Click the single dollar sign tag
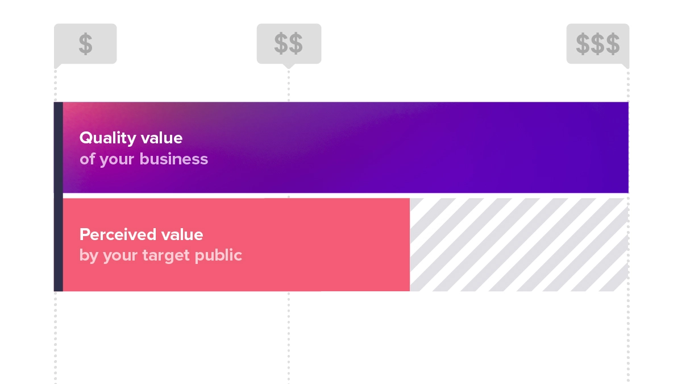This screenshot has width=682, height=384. (x=85, y=44)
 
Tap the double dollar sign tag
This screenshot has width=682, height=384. (x=289, y=44)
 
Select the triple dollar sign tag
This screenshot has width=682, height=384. (x=598, y=44)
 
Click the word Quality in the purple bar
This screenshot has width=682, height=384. (x=108, y=138)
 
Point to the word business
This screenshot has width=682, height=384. (x=174, y=159)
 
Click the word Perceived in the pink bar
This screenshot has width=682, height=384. (x=118, y=234)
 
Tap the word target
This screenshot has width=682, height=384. (x=166, y=255)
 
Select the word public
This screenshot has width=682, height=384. (x=218, y=255)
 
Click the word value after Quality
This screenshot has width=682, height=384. (x=161, y=138)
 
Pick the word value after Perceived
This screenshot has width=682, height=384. (x=182, y=234)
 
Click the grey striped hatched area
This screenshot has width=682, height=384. (x=519, y=245)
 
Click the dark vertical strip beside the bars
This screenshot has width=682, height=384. (x=59, y=197)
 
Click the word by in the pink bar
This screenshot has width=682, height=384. (x=89, y=255)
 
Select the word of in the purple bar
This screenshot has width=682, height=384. (x=88, y=159)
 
